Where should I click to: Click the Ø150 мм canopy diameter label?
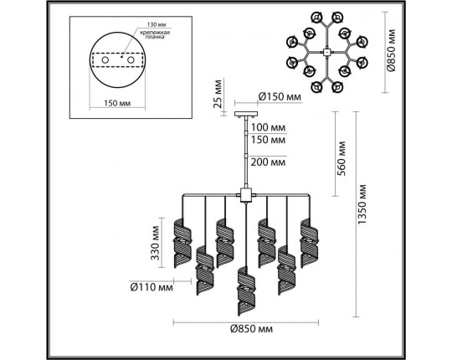(x=279, y=98)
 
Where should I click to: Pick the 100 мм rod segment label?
(x=268, y=128)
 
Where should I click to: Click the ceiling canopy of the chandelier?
(x=246, y=114)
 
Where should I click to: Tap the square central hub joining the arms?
(x=246, y=198)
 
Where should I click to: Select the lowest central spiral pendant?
(x=246, y=286)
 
